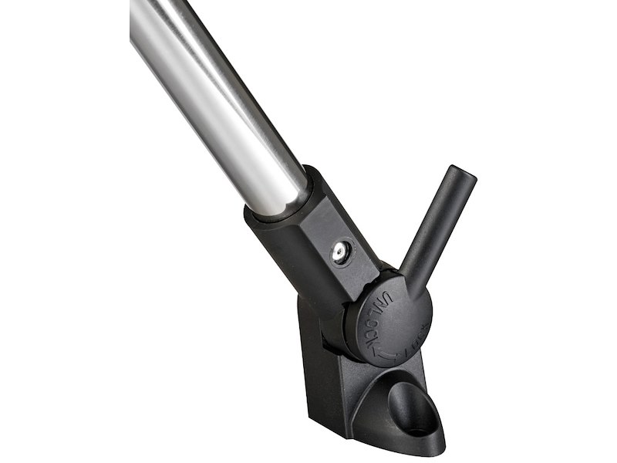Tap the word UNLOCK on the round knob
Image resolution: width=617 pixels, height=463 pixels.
(377, 319)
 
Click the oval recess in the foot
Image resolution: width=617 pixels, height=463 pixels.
(409, 401)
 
